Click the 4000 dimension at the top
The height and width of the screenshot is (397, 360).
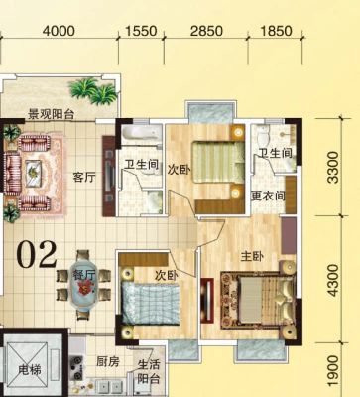click(59, 31)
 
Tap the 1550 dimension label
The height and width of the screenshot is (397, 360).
click(141, 31)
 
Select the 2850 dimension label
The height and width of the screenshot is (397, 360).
click(207, 31)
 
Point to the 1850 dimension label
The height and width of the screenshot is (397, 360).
click(277, 31)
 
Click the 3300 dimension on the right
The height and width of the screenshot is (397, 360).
click(333, 167)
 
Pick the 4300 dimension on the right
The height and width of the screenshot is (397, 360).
click(333, 280)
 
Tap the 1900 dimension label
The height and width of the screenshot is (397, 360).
click(333, 371)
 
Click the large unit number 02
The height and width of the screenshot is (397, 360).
click(37, 254)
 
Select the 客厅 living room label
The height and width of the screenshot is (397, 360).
click(84, 178)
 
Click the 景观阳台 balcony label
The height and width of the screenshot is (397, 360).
click(51, 114)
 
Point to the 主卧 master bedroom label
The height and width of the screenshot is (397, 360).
click(252, 256)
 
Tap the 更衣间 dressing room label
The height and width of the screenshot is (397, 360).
click(268, 196)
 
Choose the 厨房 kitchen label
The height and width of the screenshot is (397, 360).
click(108, 361)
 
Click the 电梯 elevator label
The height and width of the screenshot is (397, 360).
click(30, 370)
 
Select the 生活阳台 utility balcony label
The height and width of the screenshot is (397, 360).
click(149, 372)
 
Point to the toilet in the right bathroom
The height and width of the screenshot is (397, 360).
click(264, 135)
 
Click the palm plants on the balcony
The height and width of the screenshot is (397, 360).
click(93, 90)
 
